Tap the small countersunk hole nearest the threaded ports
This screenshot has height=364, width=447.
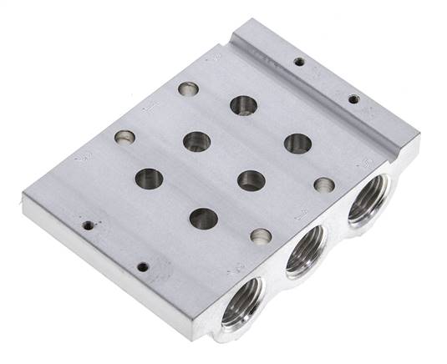324,185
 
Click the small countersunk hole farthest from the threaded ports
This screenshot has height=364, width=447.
125,137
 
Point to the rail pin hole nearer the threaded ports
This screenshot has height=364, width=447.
353,99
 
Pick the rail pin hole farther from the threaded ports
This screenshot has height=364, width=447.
297,61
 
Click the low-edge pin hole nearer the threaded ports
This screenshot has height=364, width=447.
143,267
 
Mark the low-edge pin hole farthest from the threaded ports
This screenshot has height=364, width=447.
87,224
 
